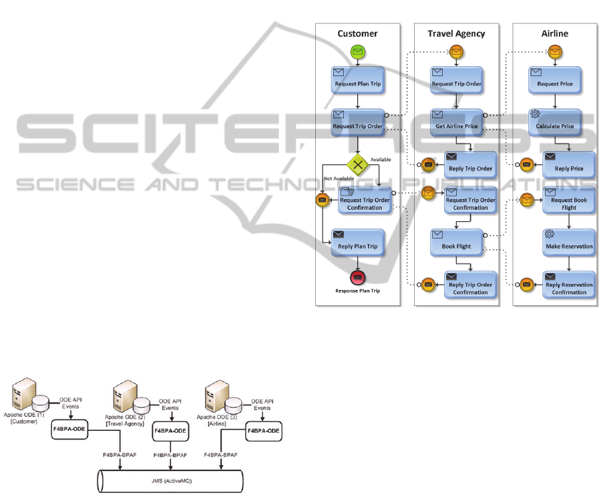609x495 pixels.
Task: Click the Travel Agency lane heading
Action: [x=457, y=33]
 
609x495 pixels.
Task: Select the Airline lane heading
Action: [x=555, y=33]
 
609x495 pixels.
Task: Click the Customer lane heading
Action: [x=357, y=33]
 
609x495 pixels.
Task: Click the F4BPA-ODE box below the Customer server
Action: [x=69, y=429]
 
